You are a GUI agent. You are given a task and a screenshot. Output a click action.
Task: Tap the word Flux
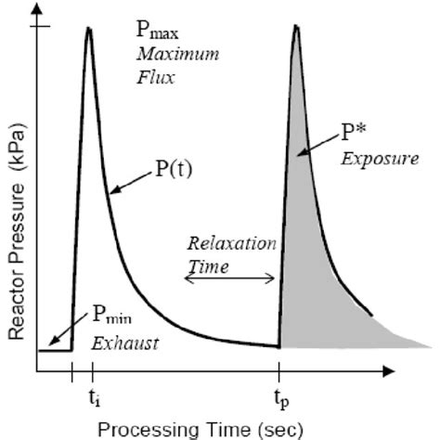[x=155, y=77]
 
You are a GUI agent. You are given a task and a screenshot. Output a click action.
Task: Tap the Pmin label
[x=112, y=317]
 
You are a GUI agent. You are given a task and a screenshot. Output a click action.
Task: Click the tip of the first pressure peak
[x=89, y=28]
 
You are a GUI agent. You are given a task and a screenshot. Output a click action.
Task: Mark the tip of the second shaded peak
[x=296, y=25]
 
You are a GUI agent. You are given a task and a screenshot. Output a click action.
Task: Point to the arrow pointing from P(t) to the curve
[x=131, y=186]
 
